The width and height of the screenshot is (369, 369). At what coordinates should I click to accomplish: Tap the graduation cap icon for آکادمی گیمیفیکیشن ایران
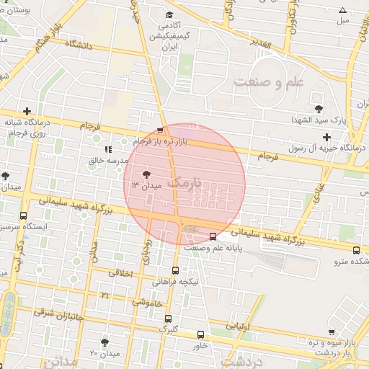pos(169,14)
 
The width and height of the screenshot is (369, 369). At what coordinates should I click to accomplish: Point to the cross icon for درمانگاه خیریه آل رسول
pos(326,136)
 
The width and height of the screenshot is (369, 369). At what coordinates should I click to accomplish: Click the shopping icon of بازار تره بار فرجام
pos(159,130)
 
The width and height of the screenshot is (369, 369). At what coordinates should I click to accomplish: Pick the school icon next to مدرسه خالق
pos(108,149)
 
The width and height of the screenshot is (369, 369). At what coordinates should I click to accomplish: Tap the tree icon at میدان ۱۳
pos(147,174)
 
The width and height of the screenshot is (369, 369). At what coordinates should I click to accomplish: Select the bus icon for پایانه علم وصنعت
pos(213,236)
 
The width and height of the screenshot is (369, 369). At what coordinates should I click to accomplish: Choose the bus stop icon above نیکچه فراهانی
pos(175,271)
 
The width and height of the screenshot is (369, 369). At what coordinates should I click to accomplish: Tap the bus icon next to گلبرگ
pos(168,319)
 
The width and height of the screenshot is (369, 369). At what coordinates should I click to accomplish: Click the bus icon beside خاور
pos(200,334)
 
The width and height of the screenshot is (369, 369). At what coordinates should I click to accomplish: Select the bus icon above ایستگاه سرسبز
pos(24,215)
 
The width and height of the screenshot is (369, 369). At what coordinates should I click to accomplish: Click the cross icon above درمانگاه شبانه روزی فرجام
pos(27,111)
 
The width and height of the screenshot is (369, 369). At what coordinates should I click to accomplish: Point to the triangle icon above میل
pos(342,10)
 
